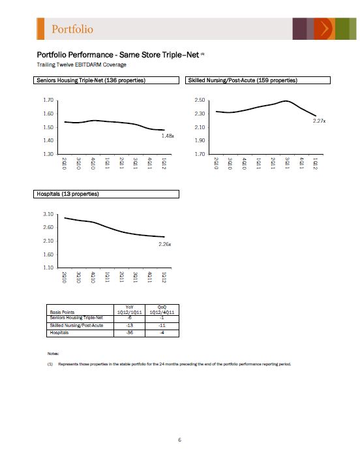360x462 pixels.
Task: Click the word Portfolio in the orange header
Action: point(72,29)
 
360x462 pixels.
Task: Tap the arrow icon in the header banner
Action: point(325,29)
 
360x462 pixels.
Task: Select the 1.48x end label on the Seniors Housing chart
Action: point(168,136)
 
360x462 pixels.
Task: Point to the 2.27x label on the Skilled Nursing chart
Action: point(319,121)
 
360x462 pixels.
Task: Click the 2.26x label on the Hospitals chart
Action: point(165,244)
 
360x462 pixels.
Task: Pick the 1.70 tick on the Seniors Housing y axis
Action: point(48,100)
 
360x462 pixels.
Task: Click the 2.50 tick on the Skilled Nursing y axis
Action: point(200,100)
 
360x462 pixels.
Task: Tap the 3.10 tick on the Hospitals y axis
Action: point(48,214)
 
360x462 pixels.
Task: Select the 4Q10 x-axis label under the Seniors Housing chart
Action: point(93,164)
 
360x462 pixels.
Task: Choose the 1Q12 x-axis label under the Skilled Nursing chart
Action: point(315,164)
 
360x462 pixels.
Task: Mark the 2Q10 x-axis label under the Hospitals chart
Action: point(64,277)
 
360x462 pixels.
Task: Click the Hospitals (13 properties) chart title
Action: point(68,194)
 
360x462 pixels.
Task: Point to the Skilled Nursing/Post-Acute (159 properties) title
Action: point(243,80)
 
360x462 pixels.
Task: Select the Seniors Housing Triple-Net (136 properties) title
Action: point(91,80)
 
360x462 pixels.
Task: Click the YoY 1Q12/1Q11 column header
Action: point(130,310)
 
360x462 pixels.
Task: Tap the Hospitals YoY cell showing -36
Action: point(130,333)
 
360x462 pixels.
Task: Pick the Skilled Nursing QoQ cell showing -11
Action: point(162,326)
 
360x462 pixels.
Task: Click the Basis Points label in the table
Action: point(62,312)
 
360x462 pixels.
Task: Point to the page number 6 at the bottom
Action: point(179,440)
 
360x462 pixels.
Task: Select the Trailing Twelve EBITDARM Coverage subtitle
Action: point(82,65)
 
